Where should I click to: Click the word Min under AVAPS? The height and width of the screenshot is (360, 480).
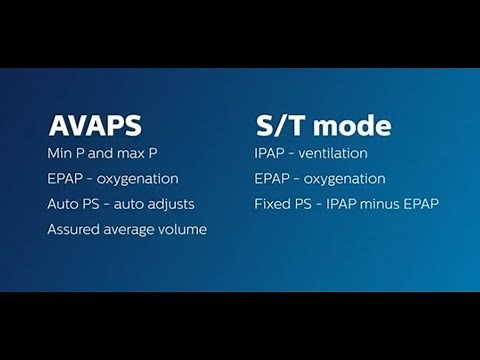point(60,153)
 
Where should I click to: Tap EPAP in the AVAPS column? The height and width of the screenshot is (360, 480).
point(65,179)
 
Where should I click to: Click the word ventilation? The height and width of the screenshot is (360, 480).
point(336,153)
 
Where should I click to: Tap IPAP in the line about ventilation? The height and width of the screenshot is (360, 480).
point(271,153)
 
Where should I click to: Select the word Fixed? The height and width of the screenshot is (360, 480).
point(272,204)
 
